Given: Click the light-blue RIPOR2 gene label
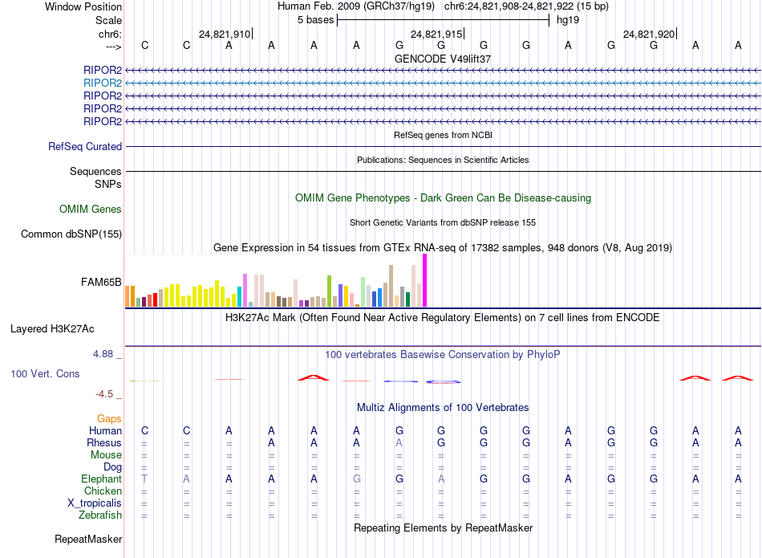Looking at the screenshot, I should point(103,83).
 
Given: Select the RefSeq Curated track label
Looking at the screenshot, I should point(85,147).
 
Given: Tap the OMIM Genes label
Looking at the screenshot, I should point(91,210).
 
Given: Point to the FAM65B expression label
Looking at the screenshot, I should point(101,283).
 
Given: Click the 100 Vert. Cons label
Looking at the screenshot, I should point(45,374).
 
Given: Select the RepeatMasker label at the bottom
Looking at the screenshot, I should point(87,539).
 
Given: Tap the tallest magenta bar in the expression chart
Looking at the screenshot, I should point(424,280).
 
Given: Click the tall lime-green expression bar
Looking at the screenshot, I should point(330,291).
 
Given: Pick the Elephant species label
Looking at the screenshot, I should point(101,479).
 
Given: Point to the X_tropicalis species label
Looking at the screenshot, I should point(95,503).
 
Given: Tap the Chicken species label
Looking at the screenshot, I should point(103,491).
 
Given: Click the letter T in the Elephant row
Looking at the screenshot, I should point(144,479).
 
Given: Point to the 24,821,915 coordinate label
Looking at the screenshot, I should point(436,35).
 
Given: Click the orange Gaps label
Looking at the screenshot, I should point(109,419).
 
